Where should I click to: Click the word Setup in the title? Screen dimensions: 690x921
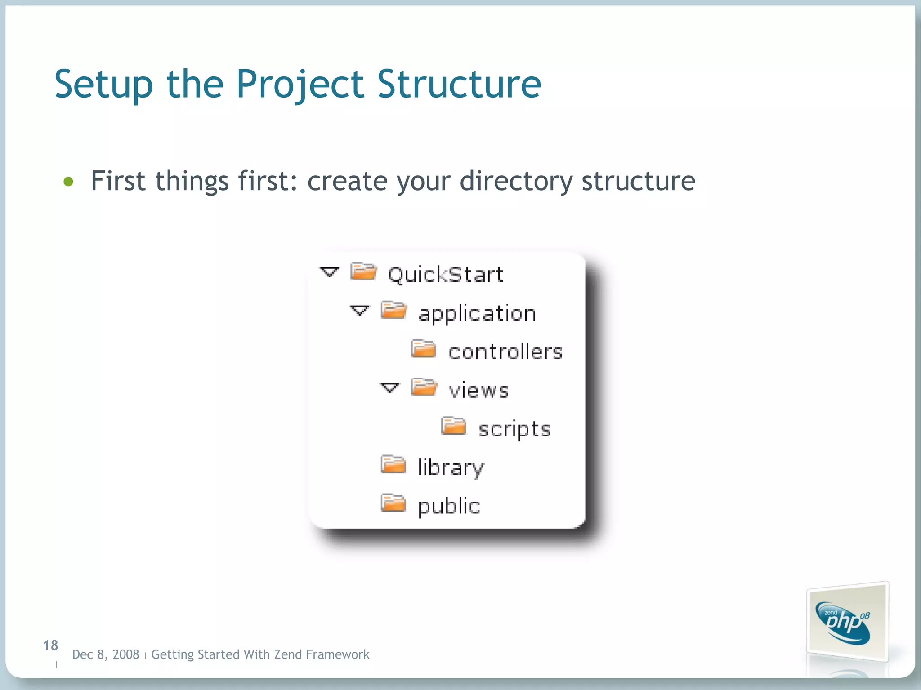coord(103,85)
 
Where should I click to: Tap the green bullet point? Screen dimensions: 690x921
coord(68,182)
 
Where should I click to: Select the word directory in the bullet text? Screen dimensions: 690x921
coord(516,181)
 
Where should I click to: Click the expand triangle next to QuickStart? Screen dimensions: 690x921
coord(329,272)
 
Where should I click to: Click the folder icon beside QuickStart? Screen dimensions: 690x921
coord(363,272)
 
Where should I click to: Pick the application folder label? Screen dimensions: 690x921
coord(477,313)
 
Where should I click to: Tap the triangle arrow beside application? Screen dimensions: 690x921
coord(359,311)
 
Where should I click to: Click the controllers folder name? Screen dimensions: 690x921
coord(505,352)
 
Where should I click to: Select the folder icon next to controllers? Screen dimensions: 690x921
coord(423,349)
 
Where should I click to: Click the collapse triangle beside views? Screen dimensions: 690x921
coord(389,387)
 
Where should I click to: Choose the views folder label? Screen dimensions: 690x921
coord(478,390)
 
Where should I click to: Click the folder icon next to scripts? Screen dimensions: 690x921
coord(453,426)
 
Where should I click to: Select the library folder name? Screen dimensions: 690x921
coord(451,467)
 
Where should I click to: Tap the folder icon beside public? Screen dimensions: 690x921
coord(393,503)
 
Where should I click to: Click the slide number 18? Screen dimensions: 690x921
coord(50,645)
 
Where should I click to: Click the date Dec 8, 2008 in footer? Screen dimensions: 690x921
coord(106,654)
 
